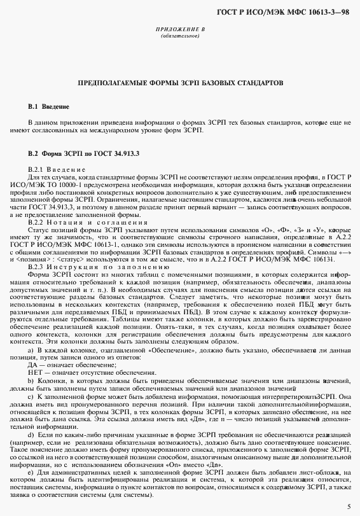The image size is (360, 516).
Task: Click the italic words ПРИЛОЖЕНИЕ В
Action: pos(179,30)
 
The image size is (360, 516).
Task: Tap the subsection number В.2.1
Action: pos(38,169)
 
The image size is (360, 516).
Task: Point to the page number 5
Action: pos(349,506)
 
